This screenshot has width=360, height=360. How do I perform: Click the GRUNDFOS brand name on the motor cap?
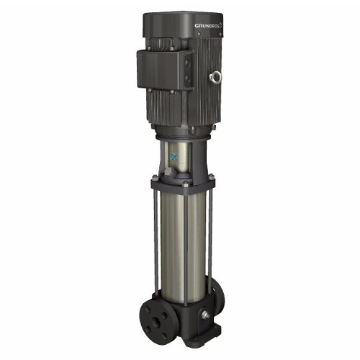pos(209,26)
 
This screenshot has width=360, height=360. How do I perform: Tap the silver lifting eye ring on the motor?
pos(215,77)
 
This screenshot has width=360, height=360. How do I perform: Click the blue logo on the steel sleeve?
pos(174,158)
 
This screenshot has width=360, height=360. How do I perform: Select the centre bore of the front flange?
pos(157,322)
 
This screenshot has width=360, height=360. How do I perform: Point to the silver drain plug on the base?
pos(205,315)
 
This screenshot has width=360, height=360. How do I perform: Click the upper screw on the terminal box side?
pos(187,63)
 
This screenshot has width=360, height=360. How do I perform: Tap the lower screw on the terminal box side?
pos(187,78)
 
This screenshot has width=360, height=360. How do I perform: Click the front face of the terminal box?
pos(159,70)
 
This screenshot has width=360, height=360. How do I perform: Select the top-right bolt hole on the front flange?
pos(164,316)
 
